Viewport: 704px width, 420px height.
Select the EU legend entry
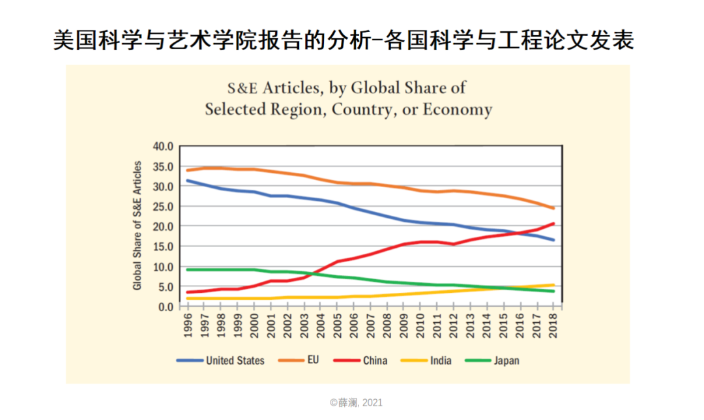coord(313,360)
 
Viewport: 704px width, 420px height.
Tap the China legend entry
coord(375,360)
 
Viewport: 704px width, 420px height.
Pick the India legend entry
coord(441,360)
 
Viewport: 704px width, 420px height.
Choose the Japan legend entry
coord(506,360)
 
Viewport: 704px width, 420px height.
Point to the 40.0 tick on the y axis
coord(164,146)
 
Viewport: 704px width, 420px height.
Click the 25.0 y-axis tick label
coord(164,206)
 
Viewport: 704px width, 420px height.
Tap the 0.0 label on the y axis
coord(166,307)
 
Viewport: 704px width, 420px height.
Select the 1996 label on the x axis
coord(188,323)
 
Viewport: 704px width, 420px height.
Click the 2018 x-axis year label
coord(553,323)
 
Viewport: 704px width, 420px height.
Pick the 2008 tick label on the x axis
coord(387,323)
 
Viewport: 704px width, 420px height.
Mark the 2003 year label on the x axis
coord(304,323)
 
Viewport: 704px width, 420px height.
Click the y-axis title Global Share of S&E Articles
coord(138,226)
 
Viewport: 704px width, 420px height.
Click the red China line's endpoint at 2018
coord(553,224)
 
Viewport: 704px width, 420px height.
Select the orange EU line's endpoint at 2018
coord(553,208)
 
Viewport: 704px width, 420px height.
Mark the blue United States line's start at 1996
coord(188,181)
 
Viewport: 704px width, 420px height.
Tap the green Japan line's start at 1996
coord(188,269)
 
